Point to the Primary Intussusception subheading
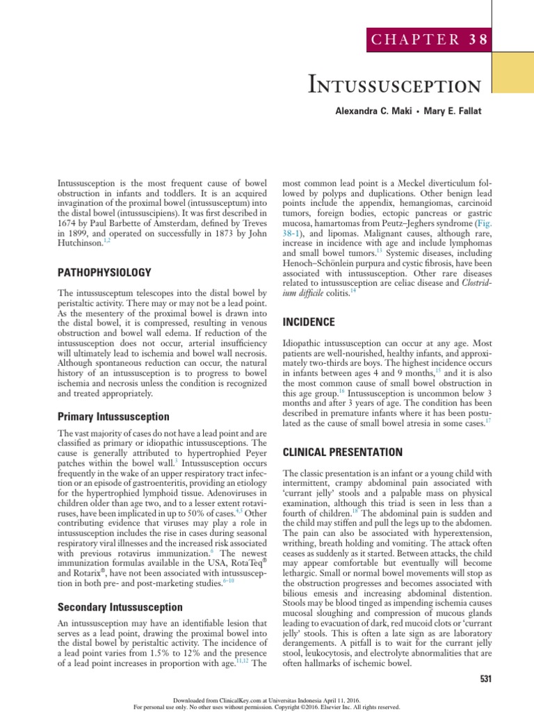(112, 416)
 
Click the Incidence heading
(309, 322)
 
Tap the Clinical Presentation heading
(343, 451)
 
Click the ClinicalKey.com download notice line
(267, 699)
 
